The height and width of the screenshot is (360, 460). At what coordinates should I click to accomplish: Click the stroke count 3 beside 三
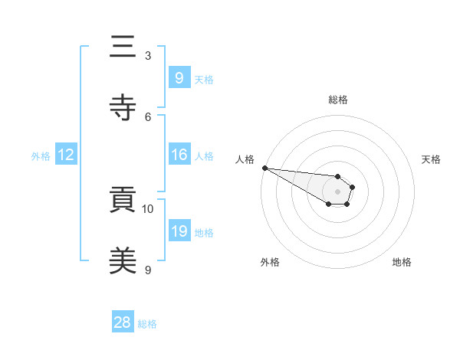pos(148,56)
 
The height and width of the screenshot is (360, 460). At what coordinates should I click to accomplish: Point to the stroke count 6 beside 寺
pos(148,116)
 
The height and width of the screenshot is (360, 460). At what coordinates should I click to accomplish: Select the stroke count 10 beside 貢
pos(148,208)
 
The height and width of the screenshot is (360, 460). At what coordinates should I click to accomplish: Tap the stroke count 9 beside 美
pos(148,270)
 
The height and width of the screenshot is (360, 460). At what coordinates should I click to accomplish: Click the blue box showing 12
pos(66,155)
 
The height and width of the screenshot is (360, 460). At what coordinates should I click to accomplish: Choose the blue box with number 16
pos(179,155)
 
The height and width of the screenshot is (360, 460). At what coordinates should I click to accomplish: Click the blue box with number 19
pos(179,231)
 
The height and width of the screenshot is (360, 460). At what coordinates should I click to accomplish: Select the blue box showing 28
pos(122,322)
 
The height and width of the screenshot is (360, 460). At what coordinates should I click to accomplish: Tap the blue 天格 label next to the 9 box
pos(203,79)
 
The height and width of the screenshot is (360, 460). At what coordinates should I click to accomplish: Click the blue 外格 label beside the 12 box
pos(41,155)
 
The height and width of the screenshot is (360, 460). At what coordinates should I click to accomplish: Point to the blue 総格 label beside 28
pos(147,324)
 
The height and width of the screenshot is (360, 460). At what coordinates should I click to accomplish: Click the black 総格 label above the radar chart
pos(337,100)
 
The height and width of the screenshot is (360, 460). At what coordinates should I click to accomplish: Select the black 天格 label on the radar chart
pos(431,159)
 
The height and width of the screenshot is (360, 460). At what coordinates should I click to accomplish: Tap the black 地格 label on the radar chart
pos(402,262)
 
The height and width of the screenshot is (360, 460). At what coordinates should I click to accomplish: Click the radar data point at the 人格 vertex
pos(264,168)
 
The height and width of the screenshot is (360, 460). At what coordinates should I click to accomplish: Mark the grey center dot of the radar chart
pos(337,191)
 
